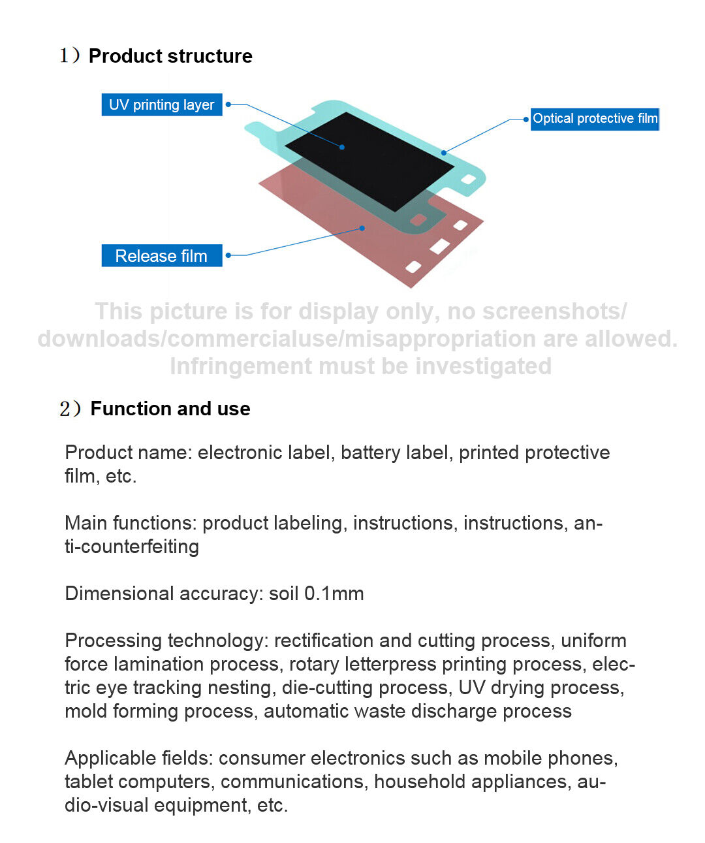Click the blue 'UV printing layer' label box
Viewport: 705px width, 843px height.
pyautogui.click(x=161, y=104)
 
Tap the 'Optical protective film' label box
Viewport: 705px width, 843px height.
pyautogui.click(x=594, y=119)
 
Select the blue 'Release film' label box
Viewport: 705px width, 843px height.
pyautogui.click(x=161, y=255)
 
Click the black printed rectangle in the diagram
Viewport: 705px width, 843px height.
pyautogui.click(x=369, y=161)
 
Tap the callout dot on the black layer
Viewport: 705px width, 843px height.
pyautogui.click(x=342, y=148)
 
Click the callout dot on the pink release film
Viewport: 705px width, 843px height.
pyautogui.click(x=362, y=228)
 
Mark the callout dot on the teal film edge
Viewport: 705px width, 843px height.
pyautogui.click(x=443, y=153)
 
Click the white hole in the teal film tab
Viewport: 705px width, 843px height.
pyautogui.click(x=468, y=179)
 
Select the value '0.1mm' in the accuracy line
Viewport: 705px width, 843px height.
pyautogui.click(x=334, y=594)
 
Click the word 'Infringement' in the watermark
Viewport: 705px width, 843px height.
pyautogui.click(x=240, y=366)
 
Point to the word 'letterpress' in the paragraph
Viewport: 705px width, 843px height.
pyautogui.click(x=390, y=665)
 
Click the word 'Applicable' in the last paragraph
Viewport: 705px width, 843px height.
pyautogui.click(x=110, y=759)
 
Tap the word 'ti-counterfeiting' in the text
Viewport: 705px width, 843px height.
pyautogui.click(x=132, y=547)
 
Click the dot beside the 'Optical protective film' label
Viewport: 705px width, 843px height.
pyautogui.click(x=525, y=119)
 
